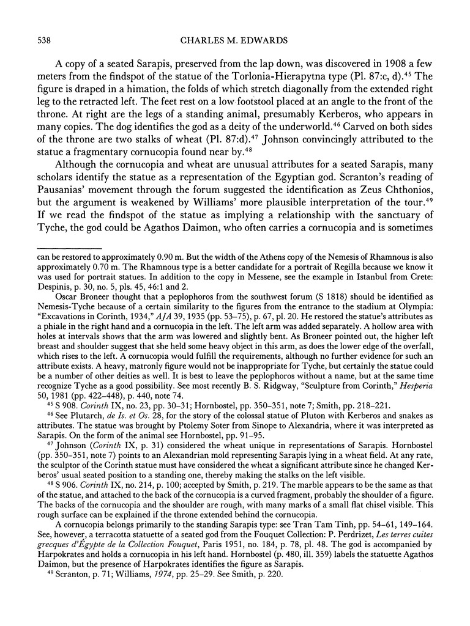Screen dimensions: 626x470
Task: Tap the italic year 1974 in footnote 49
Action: point(162,609)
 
